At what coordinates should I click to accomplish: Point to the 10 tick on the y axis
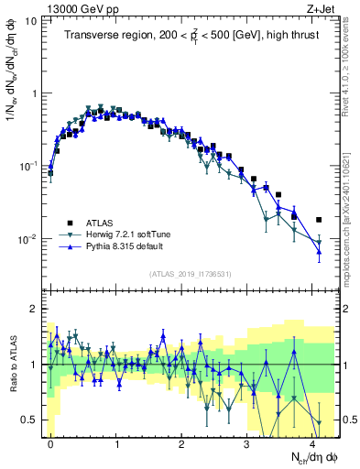click(x=30, y=20)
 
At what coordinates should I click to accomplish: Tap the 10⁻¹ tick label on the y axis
click(x=27, y=167)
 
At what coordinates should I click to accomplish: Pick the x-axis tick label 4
click(x=312, y=442)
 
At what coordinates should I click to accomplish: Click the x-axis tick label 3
click(x=247, y=442)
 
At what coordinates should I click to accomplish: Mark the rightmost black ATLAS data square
click(x=319, y=220)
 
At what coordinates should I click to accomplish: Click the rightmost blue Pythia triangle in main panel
click(x=319, y=251)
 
